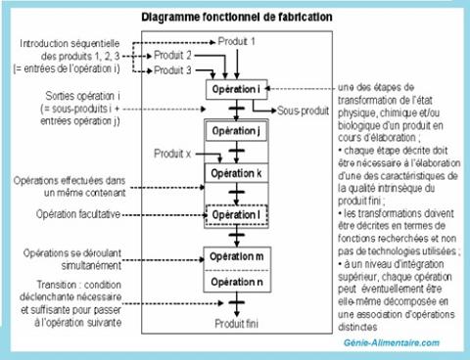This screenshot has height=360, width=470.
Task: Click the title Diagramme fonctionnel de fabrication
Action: [236, 17]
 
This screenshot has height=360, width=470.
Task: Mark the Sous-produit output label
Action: [300, 110]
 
